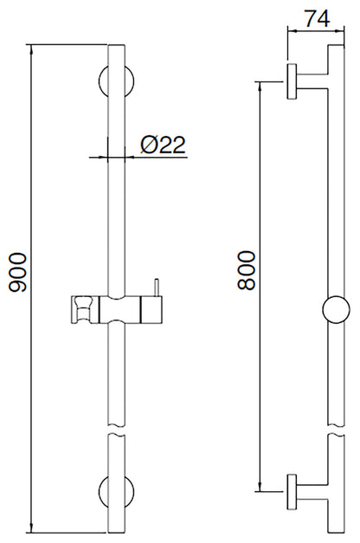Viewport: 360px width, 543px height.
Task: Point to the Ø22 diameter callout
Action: [163, 145]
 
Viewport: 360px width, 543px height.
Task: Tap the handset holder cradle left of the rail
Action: [83, 307]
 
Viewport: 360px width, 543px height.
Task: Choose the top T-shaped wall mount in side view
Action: [299, 82]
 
